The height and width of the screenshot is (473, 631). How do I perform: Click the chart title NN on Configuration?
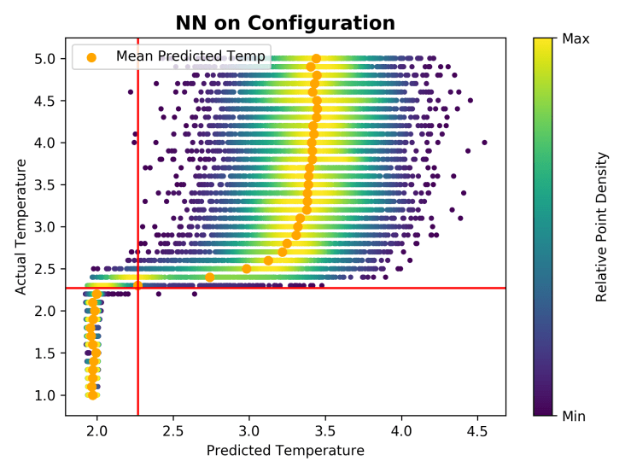[285, 23]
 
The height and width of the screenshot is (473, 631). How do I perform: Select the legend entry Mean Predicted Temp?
[191, 56]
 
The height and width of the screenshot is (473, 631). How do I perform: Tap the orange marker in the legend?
[91, 57]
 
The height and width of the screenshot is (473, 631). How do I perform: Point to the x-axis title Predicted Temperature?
[285, 451]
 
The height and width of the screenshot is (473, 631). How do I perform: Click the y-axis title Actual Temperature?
[20, 226]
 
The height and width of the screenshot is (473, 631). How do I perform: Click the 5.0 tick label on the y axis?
[44, 59]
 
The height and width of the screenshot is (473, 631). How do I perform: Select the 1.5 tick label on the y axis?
[44, 353]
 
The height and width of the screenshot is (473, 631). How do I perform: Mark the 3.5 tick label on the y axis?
[44, 185]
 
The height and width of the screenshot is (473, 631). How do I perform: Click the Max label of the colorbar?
[576, 38]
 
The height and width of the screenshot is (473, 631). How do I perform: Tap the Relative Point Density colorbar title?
[602, 226]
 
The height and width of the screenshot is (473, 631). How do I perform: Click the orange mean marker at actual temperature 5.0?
[316, 59]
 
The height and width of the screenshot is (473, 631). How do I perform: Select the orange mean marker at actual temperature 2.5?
[247, 269]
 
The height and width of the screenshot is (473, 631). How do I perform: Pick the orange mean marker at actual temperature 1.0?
[92, 395]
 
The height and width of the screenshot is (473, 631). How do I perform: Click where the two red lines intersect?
[137, 288]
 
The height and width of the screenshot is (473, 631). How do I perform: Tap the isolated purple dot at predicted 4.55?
[484, 143]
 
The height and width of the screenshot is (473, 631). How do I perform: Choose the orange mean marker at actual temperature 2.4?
[210, 277]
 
